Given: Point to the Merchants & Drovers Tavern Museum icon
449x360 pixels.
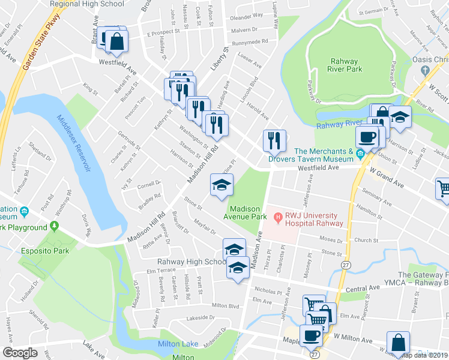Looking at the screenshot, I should coord(360,155).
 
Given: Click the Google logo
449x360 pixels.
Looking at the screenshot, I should coord(20,352).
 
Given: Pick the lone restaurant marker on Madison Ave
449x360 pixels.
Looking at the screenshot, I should coord(273,141).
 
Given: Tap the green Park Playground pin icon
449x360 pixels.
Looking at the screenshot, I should coord(54,227).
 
